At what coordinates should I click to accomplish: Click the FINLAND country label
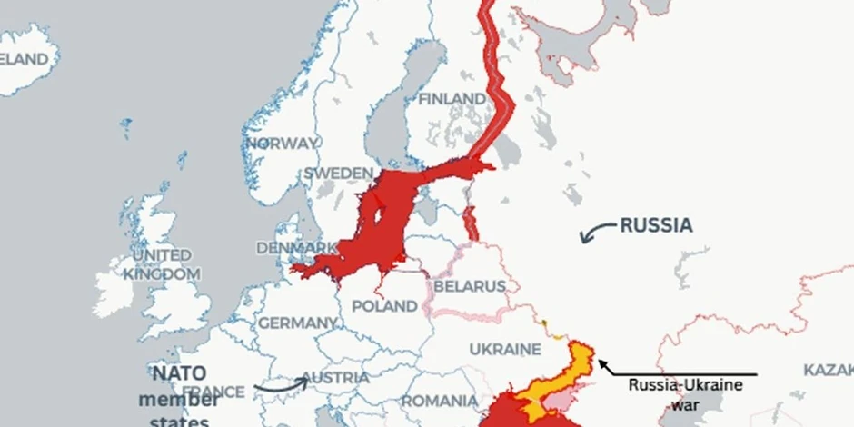[452, 98]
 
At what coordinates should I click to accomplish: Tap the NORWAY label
[282, 144]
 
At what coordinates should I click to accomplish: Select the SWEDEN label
[338, 173]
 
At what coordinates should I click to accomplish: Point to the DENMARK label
[297, 248]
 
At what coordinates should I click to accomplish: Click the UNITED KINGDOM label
[162, 264]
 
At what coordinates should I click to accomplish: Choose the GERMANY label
[297, 323]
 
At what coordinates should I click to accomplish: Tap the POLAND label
[384, 306]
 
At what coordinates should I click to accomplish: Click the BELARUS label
[469, 286]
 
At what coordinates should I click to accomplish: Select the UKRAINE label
[505, 349]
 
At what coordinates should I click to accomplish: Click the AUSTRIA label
[335, 377]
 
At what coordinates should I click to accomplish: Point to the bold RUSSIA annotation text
[656, 225]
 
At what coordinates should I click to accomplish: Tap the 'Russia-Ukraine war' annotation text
[686, 395]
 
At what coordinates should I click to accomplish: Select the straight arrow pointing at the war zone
[677, 373]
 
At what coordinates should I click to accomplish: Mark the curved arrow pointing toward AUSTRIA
[279, 386]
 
